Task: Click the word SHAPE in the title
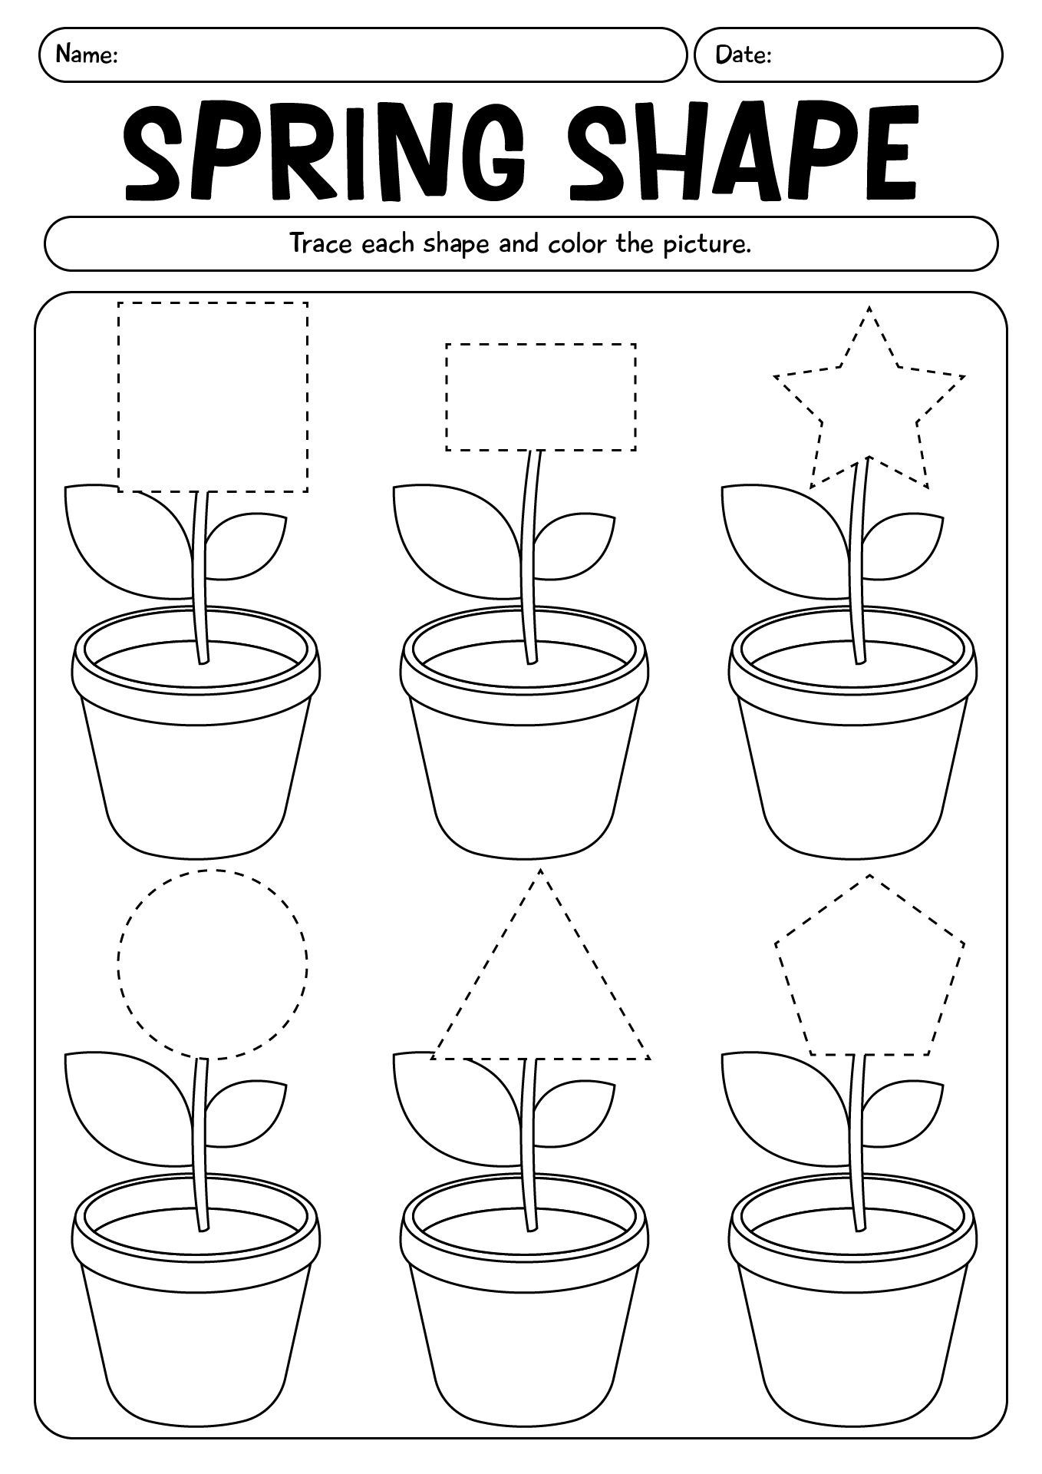pos(742,152)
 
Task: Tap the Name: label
pos(87,55)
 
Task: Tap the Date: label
pos(743,55)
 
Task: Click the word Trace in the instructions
pos(321,243)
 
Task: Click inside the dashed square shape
pos(213,396)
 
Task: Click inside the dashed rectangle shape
pos(540,397)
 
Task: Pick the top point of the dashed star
pos(869,308)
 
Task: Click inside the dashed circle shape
pos(213,963)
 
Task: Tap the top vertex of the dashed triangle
pos(540,871)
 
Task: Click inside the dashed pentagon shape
pos(869,971)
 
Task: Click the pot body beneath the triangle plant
pos(523,1351)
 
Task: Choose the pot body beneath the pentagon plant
pos(852,1351)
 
